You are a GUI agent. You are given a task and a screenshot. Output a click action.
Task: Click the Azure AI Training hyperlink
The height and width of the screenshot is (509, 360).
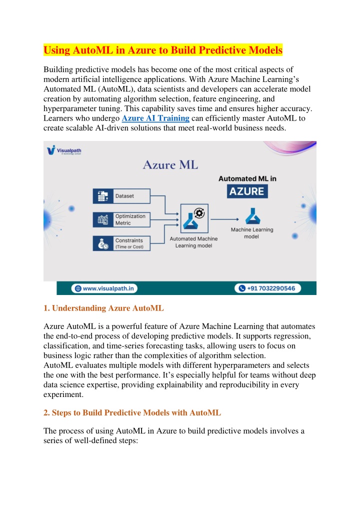point(155,118)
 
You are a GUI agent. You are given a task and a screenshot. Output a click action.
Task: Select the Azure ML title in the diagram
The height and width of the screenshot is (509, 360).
point(170,164)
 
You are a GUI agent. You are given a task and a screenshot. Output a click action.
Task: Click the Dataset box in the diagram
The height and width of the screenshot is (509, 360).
point(121,196)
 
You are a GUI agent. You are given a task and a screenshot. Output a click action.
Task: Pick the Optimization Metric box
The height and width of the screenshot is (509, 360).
point(121,219)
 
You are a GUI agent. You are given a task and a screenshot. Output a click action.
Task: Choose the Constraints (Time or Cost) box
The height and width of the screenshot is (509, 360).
point(121,243)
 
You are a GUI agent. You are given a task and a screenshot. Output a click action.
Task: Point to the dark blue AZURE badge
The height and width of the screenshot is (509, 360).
point(246,191)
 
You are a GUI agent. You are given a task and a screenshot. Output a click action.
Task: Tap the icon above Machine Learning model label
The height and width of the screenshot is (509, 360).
point(251,216)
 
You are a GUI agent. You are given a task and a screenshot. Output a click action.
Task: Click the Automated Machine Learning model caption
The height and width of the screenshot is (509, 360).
point(193,242)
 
